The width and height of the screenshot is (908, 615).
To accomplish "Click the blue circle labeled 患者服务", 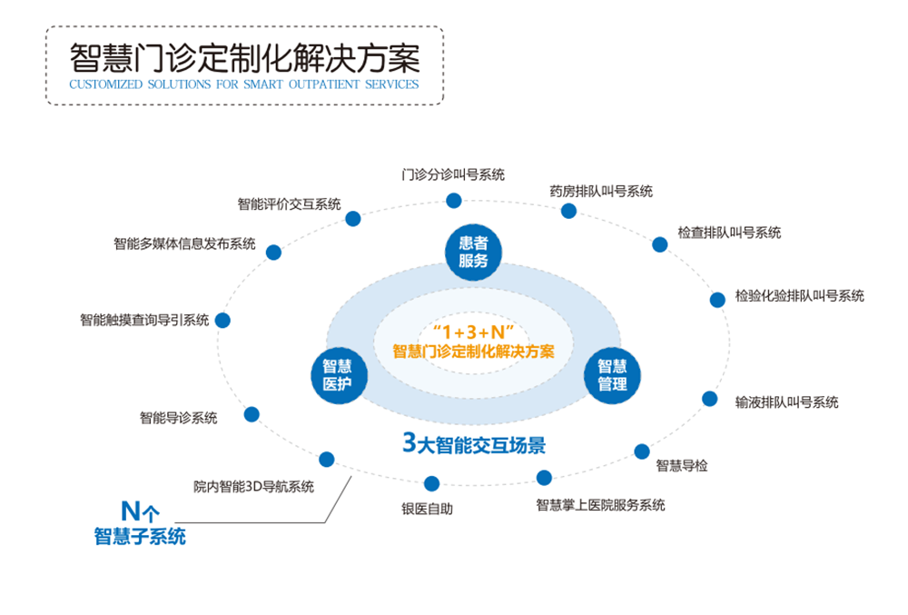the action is [x=473, y=252].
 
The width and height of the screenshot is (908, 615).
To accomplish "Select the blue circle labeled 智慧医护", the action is [x=339, y=374].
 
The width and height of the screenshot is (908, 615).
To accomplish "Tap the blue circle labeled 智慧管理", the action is [x=612, y=374].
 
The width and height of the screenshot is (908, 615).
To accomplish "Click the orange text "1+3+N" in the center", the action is [x=473, y=332].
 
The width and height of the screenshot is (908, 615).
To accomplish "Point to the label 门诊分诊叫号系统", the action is [x=453, y=174].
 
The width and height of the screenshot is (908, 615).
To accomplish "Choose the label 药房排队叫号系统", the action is [x=601, y=191].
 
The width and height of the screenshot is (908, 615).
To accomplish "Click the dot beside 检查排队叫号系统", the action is [x=659, y=244].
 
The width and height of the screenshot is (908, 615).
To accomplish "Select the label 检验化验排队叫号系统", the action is [x=800, y=296].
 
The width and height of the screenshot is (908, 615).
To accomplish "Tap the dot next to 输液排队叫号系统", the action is [x=709, y=399].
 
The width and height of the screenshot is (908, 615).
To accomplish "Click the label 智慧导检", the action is [x=682, y=466].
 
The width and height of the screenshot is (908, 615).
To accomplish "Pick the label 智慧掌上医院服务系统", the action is [x=600, y=505].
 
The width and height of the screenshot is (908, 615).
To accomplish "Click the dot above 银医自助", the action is [x=431, y=483].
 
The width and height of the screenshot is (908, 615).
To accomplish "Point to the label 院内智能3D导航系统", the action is [x=253, y=486].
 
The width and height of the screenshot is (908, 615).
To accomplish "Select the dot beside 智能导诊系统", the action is [x=252, y=414].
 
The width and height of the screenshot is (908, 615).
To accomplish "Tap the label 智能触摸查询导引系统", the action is [x=144, y=320].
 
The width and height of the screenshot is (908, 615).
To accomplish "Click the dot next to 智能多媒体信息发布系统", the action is [x=273, y=253].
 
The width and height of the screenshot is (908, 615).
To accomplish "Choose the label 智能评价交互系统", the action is [x=289, y=203].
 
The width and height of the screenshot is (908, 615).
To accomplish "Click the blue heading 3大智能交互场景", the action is [x=474, y=443].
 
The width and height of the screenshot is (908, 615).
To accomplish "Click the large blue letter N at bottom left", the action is [x=130, y=511].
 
